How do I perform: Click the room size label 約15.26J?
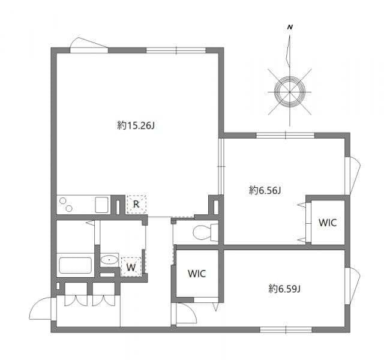137,125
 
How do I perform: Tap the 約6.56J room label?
265,190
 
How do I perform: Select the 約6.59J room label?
284,289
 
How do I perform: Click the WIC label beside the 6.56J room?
328,223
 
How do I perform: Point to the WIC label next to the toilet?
197,274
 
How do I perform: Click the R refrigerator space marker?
136,205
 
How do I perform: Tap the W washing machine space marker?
131,266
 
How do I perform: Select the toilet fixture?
203,232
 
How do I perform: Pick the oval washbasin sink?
109,260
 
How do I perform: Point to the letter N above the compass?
290,28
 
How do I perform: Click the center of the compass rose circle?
290,91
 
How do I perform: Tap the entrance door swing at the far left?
41,309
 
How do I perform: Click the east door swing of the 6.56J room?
353,175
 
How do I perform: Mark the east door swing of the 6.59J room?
353,284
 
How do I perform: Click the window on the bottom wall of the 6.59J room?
286,329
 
